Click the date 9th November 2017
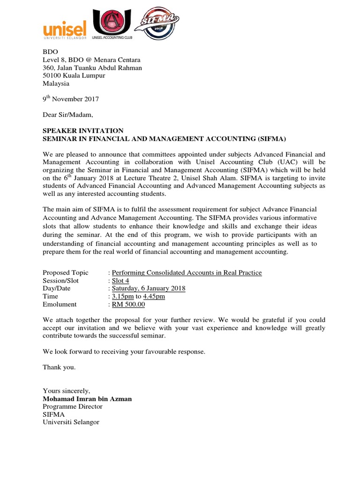(x=71, y=99)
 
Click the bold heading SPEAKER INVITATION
(x=83, y=131)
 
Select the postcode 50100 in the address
(x=52, y=76)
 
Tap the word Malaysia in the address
(x=56, y=83)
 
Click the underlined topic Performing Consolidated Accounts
(x=187, y=273)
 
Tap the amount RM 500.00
(x=128, y=305)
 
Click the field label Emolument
(x=60, y=305)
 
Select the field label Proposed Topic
(x=62, y=273)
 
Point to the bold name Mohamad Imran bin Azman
(x=87, y=399)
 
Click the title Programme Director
(x=72, y=406)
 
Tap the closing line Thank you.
(x=59, y=367)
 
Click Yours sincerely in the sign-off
(x=66, y=391)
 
